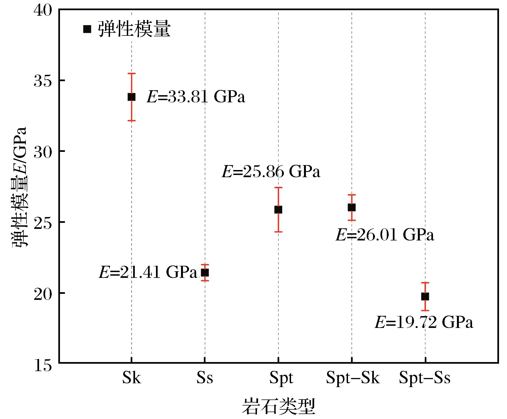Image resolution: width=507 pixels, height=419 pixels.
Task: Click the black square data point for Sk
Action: pyautogui.click(x=131, y=97)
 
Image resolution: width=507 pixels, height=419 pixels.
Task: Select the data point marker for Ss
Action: pyautogui.click(x=205, y=273)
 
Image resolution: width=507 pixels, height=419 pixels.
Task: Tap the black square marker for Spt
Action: pyautogui.click(x=278, y=210)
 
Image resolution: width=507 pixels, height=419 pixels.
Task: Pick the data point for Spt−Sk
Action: pyautogui.click(x=352, y=207)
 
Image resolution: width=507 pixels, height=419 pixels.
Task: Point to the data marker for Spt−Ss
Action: pyautogui.click(x=425, y=297)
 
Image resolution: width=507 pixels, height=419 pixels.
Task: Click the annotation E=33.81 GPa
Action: pyautogui.click(x=196, y=97)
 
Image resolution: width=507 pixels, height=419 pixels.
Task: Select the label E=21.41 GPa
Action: pyautogui.click(x=149, y=272)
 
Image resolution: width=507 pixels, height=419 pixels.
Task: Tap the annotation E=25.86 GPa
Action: pyautogui.click(x=271, y=172)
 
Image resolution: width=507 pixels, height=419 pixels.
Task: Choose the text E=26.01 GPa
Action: pyautogui.click(x=385, y=235)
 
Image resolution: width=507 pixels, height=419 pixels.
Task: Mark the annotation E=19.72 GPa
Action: pyautogui.click(x=424, y=322)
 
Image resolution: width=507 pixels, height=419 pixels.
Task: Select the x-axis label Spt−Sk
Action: pyautogui.click(x=353, y=378)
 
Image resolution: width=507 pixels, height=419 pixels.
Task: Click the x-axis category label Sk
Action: pyautogui.click(x=131, y=378)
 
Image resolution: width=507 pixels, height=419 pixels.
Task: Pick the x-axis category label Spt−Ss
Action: pyautogui.click(x=425, y=378)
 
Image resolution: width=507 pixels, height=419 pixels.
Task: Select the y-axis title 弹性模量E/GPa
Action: pyautogui.click(x=19, y=187)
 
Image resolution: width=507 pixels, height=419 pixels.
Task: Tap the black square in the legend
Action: pyautogui.click(x=87, y=29)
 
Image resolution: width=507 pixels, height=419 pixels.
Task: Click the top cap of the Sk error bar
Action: pyautogui.click(x=131, y=73)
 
